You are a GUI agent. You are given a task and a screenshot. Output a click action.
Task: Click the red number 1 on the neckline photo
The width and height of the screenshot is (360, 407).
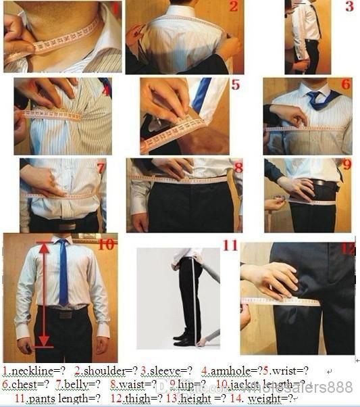[x=115, y=9]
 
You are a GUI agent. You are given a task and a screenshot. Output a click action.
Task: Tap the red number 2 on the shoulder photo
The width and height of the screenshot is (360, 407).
[x=233, y=7]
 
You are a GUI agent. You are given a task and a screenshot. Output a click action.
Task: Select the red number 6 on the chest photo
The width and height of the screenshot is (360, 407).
[x=345, y=85]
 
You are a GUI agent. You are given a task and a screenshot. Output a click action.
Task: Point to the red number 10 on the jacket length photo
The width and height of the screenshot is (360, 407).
[x=105, y=244]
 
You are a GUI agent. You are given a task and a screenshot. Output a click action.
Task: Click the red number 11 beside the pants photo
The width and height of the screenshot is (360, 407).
[x=230, y=245]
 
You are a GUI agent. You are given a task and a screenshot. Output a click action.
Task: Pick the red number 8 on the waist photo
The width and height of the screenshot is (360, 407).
[x=238, y=166]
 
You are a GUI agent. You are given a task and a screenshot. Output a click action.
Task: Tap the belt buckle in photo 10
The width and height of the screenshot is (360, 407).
[x=65, y=314]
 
